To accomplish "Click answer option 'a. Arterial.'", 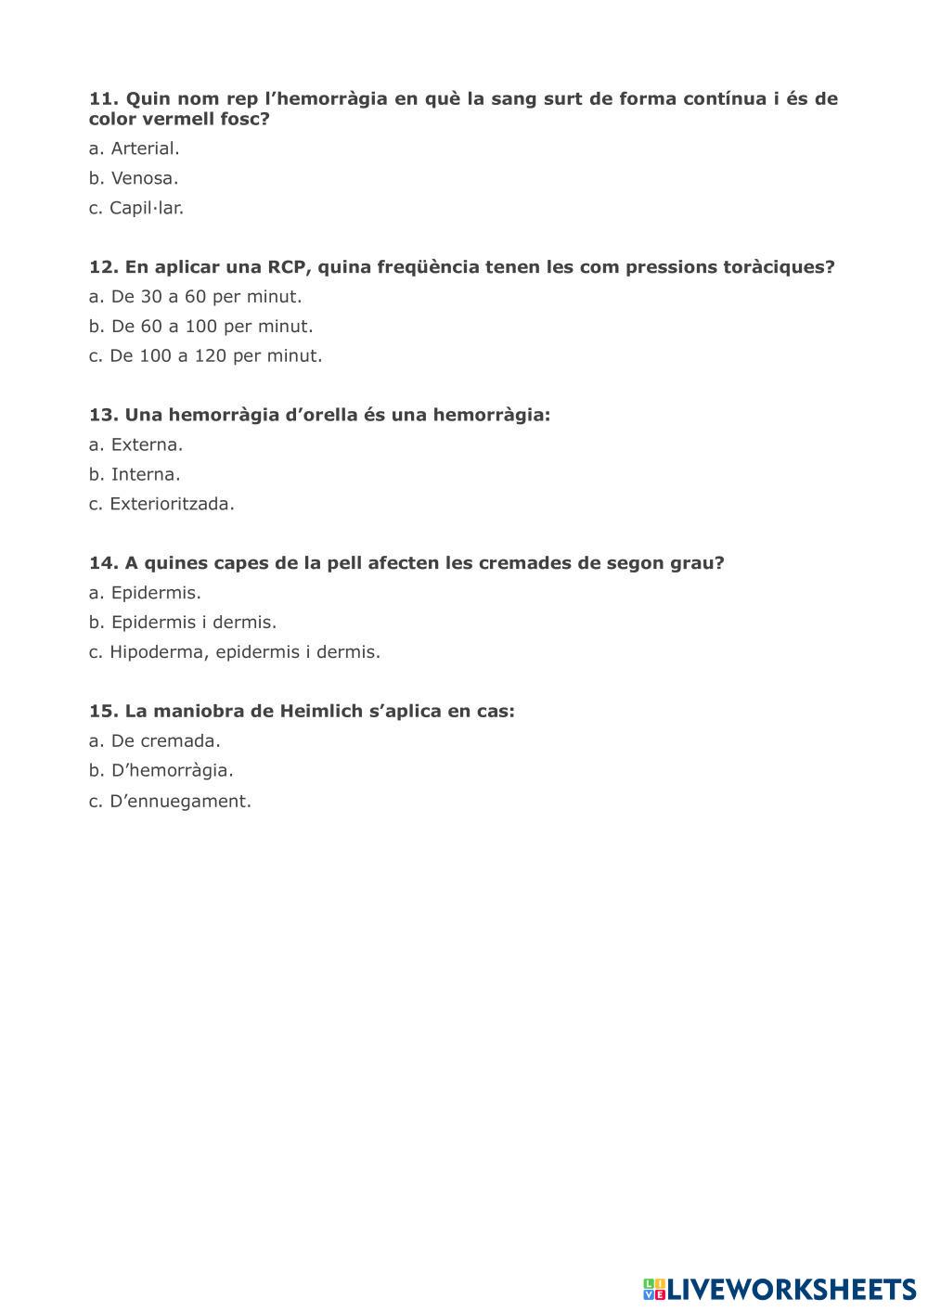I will tap(134, 148).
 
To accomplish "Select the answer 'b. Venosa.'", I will tap(134, 178).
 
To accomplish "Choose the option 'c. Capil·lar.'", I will tap(136, 208).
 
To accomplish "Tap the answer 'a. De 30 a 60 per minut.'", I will tap(195, 297).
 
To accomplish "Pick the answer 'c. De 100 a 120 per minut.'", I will tap(205, 355).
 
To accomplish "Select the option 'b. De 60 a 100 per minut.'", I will tap(200, 327).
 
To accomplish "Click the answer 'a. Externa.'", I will tap(135, 444).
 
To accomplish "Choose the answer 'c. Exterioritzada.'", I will tap(161, 504).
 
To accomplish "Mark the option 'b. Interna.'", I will tap(135, 474).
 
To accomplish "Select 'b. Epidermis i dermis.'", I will tap(183, 622).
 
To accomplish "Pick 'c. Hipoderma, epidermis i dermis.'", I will tap(235, 651).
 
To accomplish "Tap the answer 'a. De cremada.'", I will tap(154, 740).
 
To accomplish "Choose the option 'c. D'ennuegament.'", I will tap(170, 801).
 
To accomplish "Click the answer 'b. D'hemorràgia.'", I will tap(161, 770).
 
